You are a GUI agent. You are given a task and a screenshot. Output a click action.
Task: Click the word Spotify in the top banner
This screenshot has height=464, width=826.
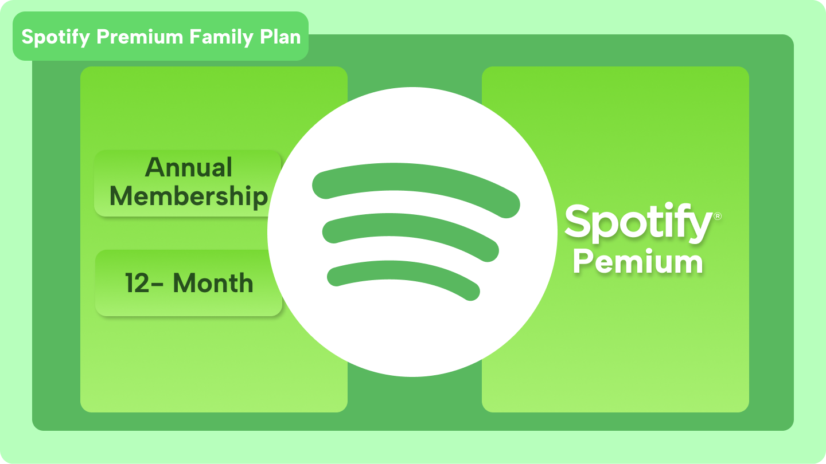click(56, 37)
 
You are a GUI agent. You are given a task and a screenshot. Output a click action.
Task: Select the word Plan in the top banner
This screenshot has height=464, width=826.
click(280, 37)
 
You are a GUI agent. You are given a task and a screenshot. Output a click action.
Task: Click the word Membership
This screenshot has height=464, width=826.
click(189, 197)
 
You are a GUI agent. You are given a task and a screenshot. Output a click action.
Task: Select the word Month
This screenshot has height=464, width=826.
click(213, 284)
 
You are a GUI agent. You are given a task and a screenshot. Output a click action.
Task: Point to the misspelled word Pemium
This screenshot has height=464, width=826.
click(638, 262)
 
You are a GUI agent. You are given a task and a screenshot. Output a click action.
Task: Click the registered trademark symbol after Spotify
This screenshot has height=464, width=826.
click(717, 216)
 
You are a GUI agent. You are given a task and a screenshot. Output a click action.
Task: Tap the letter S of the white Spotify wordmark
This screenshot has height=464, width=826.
click(579, 222)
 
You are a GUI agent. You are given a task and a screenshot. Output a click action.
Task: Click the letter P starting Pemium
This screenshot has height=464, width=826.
click(584, 262)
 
